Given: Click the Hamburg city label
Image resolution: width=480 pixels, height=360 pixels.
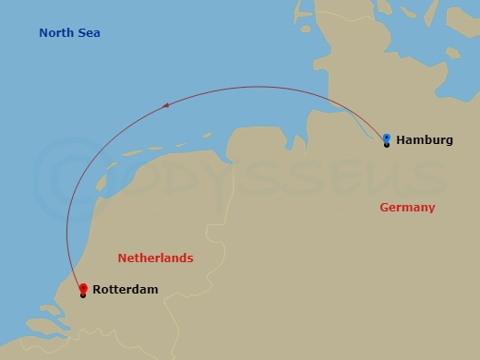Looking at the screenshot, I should [425, 140].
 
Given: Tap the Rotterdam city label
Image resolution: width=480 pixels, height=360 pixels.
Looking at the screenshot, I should [126, 290].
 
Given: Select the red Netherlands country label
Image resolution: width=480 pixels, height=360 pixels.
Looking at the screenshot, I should [155, 258].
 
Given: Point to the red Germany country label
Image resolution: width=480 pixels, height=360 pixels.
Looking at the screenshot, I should [407, 208].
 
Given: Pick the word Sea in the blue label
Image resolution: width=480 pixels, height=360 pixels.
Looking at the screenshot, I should [89, 33].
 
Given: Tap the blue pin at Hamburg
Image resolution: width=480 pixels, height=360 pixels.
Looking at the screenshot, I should [387, 138].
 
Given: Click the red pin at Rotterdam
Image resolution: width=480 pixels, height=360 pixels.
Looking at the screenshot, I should [83, 288].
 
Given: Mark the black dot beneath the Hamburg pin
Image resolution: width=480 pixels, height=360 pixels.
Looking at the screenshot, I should [387, 146].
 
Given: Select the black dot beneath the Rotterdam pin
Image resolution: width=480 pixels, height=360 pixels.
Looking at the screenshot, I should [83, 295].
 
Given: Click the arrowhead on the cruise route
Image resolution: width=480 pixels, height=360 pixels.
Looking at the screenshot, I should [166, 106].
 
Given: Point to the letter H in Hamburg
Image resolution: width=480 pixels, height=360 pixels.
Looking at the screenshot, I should [402, 140].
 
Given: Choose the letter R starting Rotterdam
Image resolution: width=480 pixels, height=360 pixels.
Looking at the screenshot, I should [98, 290].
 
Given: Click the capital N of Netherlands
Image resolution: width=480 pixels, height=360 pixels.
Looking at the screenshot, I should [122, 258].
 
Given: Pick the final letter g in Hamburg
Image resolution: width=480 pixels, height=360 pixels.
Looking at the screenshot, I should [449, 141].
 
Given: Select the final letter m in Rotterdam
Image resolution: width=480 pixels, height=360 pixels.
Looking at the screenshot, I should [152, 290].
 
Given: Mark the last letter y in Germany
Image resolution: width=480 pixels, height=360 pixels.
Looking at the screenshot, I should [431, 210].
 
